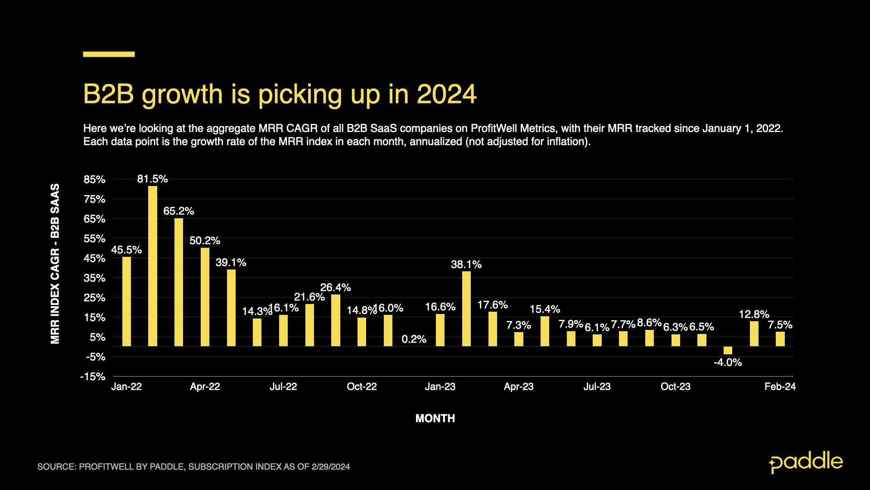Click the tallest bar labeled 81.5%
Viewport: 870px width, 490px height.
click(x=153, y=266)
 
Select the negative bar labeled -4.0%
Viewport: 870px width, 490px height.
click(x=728, y=350)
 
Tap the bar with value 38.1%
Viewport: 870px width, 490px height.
click(x=466, y=309)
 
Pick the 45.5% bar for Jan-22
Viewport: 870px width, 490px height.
click(x=126, y=301)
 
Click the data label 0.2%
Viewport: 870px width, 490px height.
click(x=414, y=339)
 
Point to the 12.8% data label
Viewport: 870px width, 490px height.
click(x=754, y=314)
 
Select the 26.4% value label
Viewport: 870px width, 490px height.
click(x=335, y=288)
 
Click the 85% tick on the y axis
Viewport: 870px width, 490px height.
click(x=94, y=180)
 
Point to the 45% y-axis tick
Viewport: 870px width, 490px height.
click(x=94, y=259)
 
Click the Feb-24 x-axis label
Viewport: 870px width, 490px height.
click(x=780, y=387)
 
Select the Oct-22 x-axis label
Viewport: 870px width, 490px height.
click(x=362, y=387)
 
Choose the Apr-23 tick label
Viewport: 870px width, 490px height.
click(x=518, y=387)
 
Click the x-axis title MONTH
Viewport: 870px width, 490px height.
click(x=435, y=418)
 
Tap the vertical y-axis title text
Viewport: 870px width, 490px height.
click(x=55, y=264)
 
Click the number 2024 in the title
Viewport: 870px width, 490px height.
click(x=446, y=94)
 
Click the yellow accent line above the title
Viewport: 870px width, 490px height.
click(x=109, y=54)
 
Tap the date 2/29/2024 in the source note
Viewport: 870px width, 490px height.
click(x=330, y=467)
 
